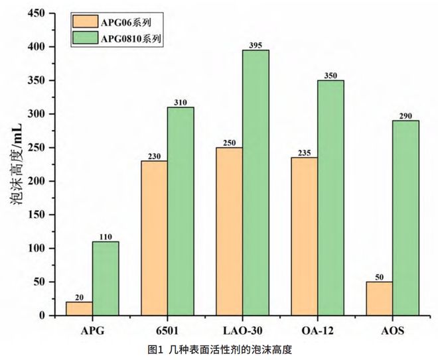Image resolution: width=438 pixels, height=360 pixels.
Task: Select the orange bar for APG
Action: click(x=79, y=309)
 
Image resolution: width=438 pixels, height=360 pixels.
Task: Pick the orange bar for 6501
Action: click(x=154, y=238)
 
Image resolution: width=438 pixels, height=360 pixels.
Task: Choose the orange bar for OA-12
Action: click(x=304, y=236)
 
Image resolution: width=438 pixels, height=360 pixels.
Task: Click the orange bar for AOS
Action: click(x=379, y=298)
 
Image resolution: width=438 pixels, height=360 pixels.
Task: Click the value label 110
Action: click(x=106, y=236)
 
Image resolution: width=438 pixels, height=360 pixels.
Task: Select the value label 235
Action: click(x=304, y=152)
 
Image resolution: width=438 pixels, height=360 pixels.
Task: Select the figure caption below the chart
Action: click(x=219, y=349)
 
